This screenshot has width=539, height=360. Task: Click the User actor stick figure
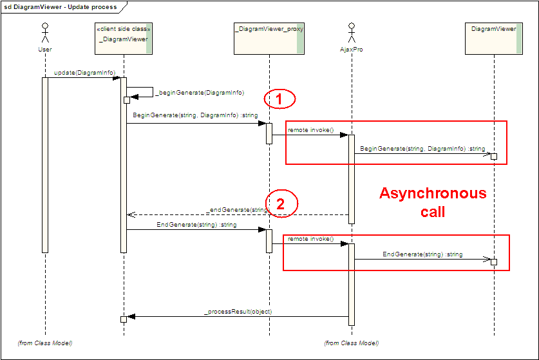(x=45, y=34)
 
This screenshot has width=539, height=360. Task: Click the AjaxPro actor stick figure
(x=352, y=34)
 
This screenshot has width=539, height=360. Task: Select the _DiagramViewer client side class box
(x=123, y=39)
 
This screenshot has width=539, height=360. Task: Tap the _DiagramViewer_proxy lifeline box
(x=269, y=39)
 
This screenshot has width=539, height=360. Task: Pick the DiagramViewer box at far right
(x=493, y=39)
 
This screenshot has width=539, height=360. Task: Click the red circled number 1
(x=279, y=99)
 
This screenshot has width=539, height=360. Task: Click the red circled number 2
(x=280, y=204)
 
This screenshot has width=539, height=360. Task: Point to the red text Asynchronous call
(x=432, y=202)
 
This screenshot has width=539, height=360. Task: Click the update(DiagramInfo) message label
(x=81, y=73)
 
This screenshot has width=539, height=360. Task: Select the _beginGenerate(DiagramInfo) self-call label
(x=200, y=93)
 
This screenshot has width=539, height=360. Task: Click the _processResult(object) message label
(x=238, y=311)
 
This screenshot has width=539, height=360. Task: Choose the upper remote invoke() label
(x=310, y=130)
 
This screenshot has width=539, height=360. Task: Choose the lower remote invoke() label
(x=310, y=239)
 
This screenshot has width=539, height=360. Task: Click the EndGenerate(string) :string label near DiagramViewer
(x=422, y=254)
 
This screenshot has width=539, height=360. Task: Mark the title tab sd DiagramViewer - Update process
(x=61, y=7)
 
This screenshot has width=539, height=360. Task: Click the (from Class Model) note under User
(x=45, y=343)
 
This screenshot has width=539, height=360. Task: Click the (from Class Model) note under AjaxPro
(x=351, y=343)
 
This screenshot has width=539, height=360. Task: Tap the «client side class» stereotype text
(x=123, y=29)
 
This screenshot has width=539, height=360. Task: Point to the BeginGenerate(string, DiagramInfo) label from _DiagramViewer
(x=195, y=115)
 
